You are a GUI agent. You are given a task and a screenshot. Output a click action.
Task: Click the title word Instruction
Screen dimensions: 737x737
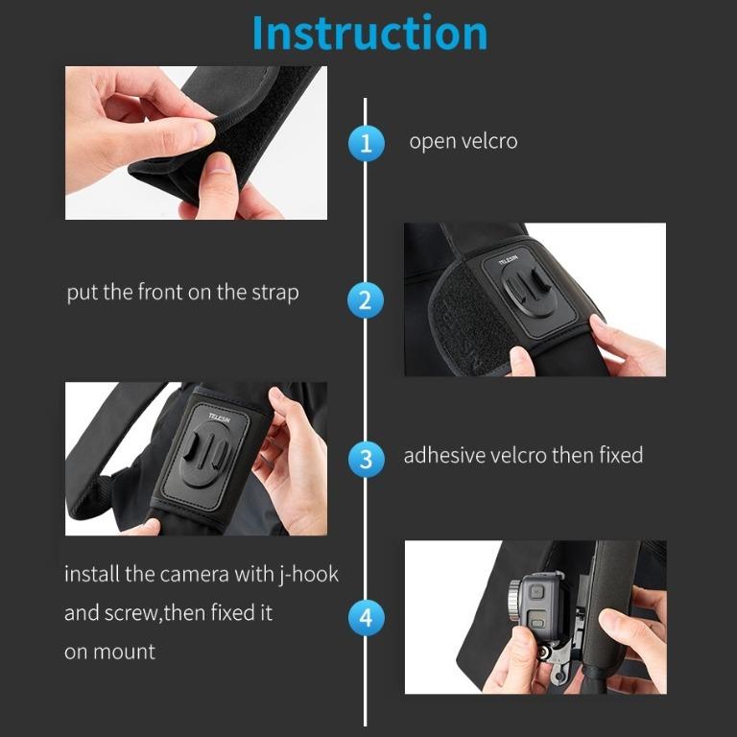(x=369, y=34)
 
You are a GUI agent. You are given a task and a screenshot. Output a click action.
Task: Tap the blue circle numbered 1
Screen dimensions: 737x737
(x=366, y=144)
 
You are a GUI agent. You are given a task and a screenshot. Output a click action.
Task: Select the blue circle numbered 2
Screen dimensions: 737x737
(x=366, y=300)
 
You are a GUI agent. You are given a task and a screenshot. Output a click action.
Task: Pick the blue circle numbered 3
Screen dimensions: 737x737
(x=366, y=458)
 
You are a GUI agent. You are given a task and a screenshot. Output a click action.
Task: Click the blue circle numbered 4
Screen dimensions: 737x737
(x=366, y=617)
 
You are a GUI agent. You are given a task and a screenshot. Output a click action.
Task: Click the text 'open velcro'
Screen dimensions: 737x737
(x=463, y=142)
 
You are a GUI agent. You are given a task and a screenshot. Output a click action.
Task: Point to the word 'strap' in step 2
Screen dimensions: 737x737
(x=274, y=293)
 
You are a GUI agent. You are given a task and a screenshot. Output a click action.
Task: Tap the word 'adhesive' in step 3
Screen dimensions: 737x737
(x=443, y=455)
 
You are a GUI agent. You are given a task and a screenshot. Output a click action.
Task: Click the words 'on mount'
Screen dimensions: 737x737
(x=109, y=652)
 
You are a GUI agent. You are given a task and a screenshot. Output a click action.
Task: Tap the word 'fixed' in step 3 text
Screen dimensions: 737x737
(x=620, y=455)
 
